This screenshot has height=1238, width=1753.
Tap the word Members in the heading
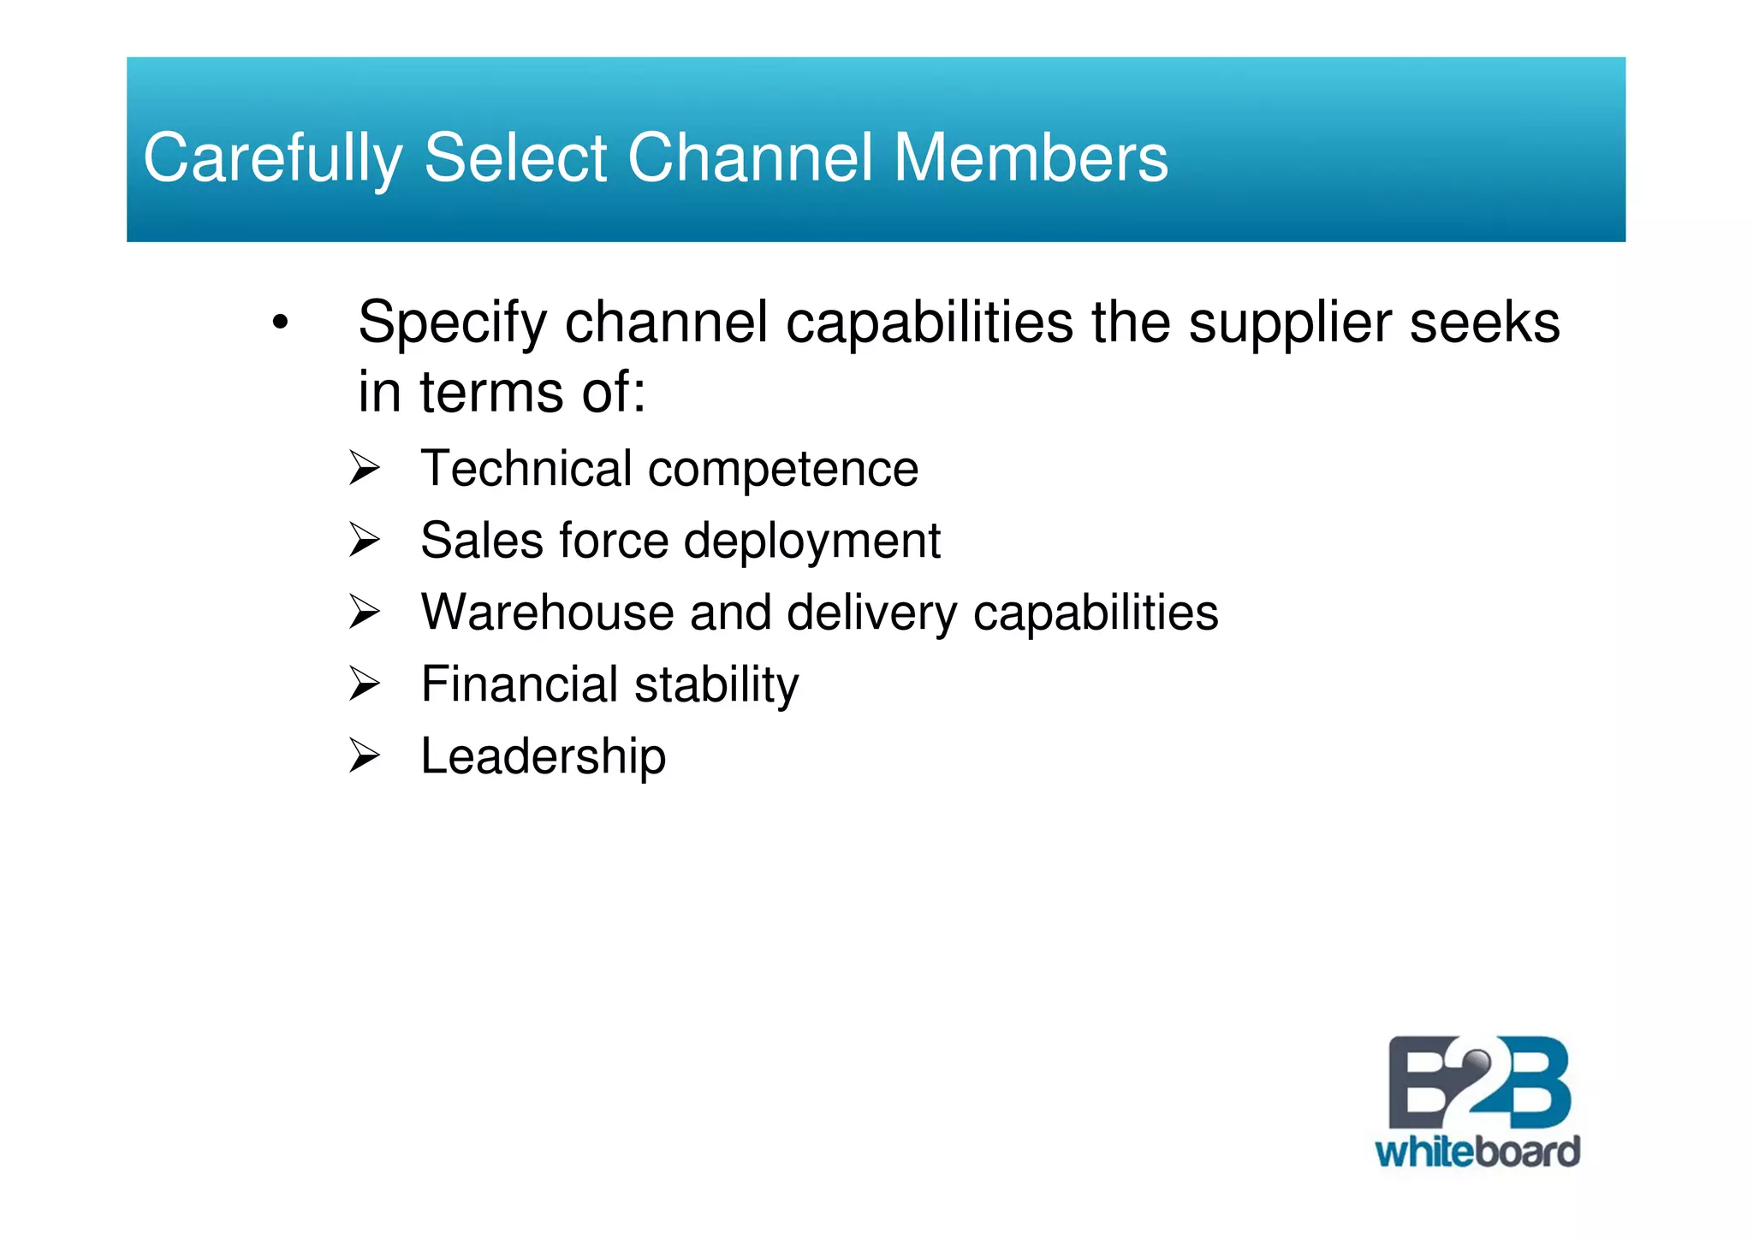pyautogui.click(x=1031, y=157)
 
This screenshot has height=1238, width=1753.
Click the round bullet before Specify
pyautogui.click(x=279, y=323)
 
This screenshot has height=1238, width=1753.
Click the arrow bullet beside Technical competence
pyautogui.click(x=364, y=469)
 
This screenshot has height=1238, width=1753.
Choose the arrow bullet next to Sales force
pyautogui.click(x=364, y=541)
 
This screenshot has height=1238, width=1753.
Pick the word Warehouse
pyautogui.click(x=548, y=613)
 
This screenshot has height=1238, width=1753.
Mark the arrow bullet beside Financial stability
pyautogui.click(x=364, y=684)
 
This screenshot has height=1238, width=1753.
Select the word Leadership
pyautogui.click(x=543, y=757)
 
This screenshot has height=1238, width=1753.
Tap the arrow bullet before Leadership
pyautogui.click(x=364, y=756)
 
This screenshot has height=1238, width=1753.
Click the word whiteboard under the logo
pyautogui.click(x=1477, y=1152)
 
